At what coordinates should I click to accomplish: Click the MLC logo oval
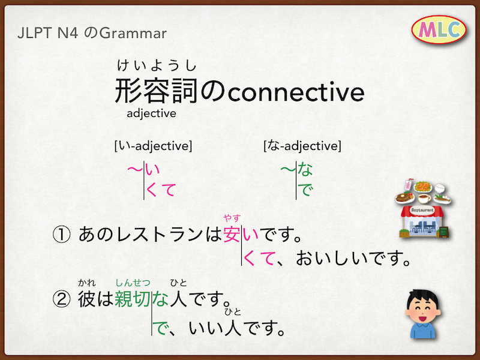point(439,29)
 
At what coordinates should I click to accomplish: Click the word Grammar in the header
point(133,33)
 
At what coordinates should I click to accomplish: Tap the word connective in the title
point(296,92)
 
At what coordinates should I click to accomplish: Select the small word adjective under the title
point(152,113)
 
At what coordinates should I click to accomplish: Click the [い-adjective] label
point(153,146)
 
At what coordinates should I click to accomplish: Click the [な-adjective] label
point(302,146)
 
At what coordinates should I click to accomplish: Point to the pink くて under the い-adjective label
point(161,190)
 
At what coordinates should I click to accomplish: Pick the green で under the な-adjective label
point(305,190)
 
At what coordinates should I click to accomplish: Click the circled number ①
point(62,235)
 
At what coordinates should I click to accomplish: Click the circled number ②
point(62,299)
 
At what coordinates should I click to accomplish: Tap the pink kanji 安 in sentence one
point(232,234)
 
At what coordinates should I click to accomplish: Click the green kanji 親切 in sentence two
point(133,299)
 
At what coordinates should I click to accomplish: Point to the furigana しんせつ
point(133,283)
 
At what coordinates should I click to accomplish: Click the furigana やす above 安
point(232,218)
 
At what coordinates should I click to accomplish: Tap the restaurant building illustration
point(423,221)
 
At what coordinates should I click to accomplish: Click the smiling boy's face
point(423,308)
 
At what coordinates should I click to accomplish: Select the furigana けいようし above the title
point(157,65)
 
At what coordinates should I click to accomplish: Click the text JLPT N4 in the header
point(48,33)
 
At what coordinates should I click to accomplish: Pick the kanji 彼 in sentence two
point(86,299)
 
